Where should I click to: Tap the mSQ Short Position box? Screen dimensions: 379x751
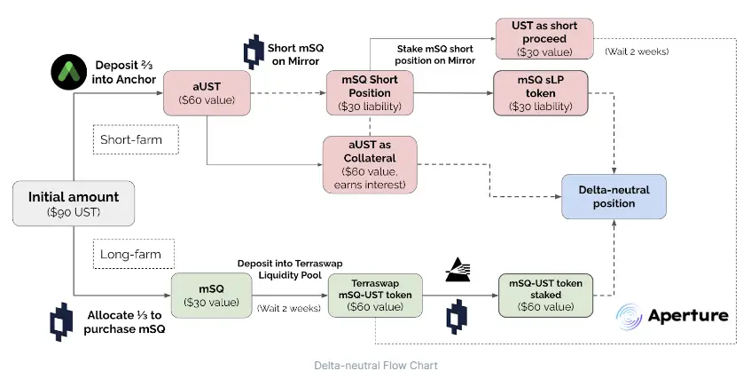click(x=370, y=93)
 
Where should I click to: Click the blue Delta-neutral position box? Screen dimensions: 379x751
click(x=613, y=196)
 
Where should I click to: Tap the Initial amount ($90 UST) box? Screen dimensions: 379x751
click(x=74, y=202)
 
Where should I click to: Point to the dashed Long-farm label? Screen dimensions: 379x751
click(x=133, y=254)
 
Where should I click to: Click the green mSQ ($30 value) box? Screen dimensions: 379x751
click(x=211, y=296)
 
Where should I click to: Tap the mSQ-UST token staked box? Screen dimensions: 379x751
click(x=543, y=296)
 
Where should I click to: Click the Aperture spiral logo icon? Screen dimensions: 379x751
click(x=632, y=315)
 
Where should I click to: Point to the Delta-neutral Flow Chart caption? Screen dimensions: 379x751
click(x=375, y=365)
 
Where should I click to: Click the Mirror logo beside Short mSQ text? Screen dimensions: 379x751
click(x=254, y=53)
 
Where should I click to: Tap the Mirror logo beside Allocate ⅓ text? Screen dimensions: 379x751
click(x=60, y=321)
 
